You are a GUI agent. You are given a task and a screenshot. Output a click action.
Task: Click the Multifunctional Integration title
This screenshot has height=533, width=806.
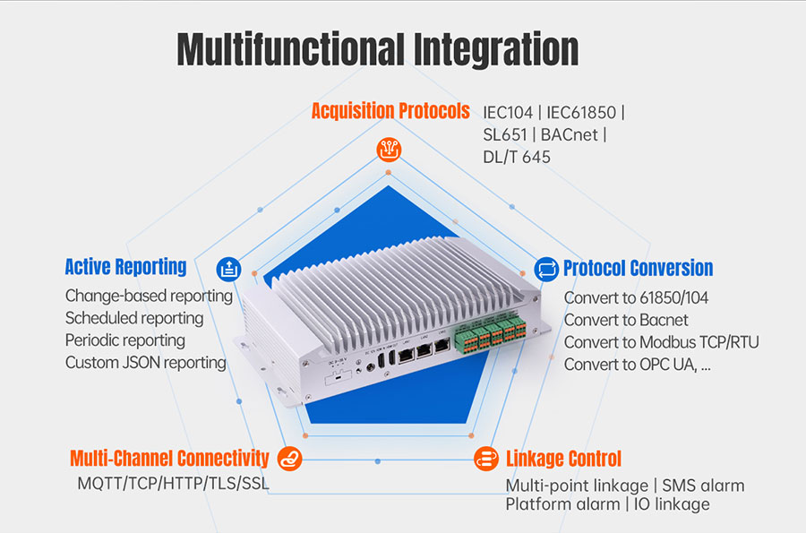[377, 49]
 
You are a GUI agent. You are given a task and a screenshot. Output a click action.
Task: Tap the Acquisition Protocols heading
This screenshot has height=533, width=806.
[390, 111]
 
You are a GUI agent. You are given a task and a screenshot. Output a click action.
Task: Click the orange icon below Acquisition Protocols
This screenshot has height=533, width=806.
[388, 150]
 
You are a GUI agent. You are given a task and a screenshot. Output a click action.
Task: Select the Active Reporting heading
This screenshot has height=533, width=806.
[125, 266]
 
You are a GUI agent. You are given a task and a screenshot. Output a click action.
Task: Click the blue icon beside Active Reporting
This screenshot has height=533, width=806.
[229, 267]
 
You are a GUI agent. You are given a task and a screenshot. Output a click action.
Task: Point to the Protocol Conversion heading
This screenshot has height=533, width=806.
[638, 268]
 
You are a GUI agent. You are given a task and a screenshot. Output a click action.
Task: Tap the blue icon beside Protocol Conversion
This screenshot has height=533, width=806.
[546, 268]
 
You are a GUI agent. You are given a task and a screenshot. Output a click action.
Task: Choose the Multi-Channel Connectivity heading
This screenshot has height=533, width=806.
[169, 459]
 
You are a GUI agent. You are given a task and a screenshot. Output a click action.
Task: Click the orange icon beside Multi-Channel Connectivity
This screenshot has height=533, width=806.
[290, 459]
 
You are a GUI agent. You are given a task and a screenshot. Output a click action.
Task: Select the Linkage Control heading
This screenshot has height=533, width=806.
[563, 459]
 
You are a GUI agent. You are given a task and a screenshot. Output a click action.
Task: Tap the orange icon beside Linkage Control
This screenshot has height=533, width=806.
[485, 459]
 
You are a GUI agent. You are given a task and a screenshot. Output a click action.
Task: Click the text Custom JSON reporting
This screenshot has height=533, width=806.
[145, 363]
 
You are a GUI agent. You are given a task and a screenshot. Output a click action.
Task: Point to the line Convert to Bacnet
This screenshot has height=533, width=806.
[626, 320]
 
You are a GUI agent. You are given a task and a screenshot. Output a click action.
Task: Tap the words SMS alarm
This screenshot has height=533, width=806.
[703, 486]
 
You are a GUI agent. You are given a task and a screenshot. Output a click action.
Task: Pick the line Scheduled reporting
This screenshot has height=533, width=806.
[134, 318]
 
